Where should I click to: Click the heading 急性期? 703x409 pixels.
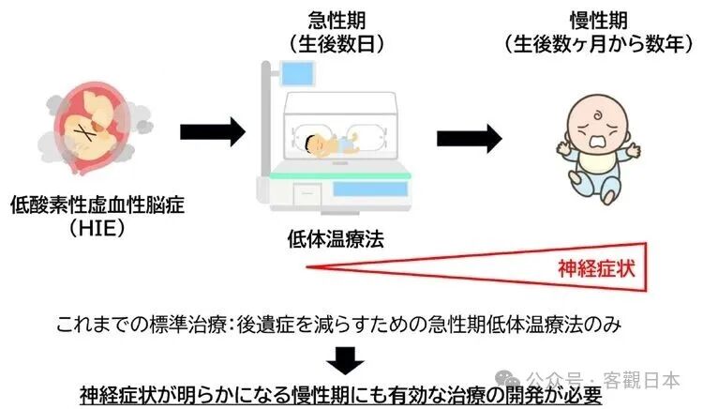tap(337, 20)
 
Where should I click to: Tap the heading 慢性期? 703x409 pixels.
tap(599, 20)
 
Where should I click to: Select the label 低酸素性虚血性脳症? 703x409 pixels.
tap(97, 204)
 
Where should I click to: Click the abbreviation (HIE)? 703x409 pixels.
tap(97, 229)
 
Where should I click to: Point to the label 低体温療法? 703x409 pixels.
tap(336, 238)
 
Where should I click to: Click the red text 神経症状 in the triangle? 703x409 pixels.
tap(596, 268)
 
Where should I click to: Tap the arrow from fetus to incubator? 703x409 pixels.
tap(213, 132)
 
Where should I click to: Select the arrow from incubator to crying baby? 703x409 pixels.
tap(470, 139)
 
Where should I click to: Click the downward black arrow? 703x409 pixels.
tap(345, 360)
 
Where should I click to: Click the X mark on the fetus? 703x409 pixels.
tap(85, 132)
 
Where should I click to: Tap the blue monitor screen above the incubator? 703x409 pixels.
tap(298, 73)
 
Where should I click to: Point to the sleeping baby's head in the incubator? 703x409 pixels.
tap(314, 144)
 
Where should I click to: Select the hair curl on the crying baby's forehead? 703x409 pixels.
tap(599, 115)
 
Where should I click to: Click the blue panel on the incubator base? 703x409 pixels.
tap(370, 189)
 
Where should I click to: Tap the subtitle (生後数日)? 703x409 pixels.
tap(337, 44)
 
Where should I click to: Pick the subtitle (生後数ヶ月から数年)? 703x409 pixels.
tap(599, 44)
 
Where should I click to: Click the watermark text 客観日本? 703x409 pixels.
tap(641, 380)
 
